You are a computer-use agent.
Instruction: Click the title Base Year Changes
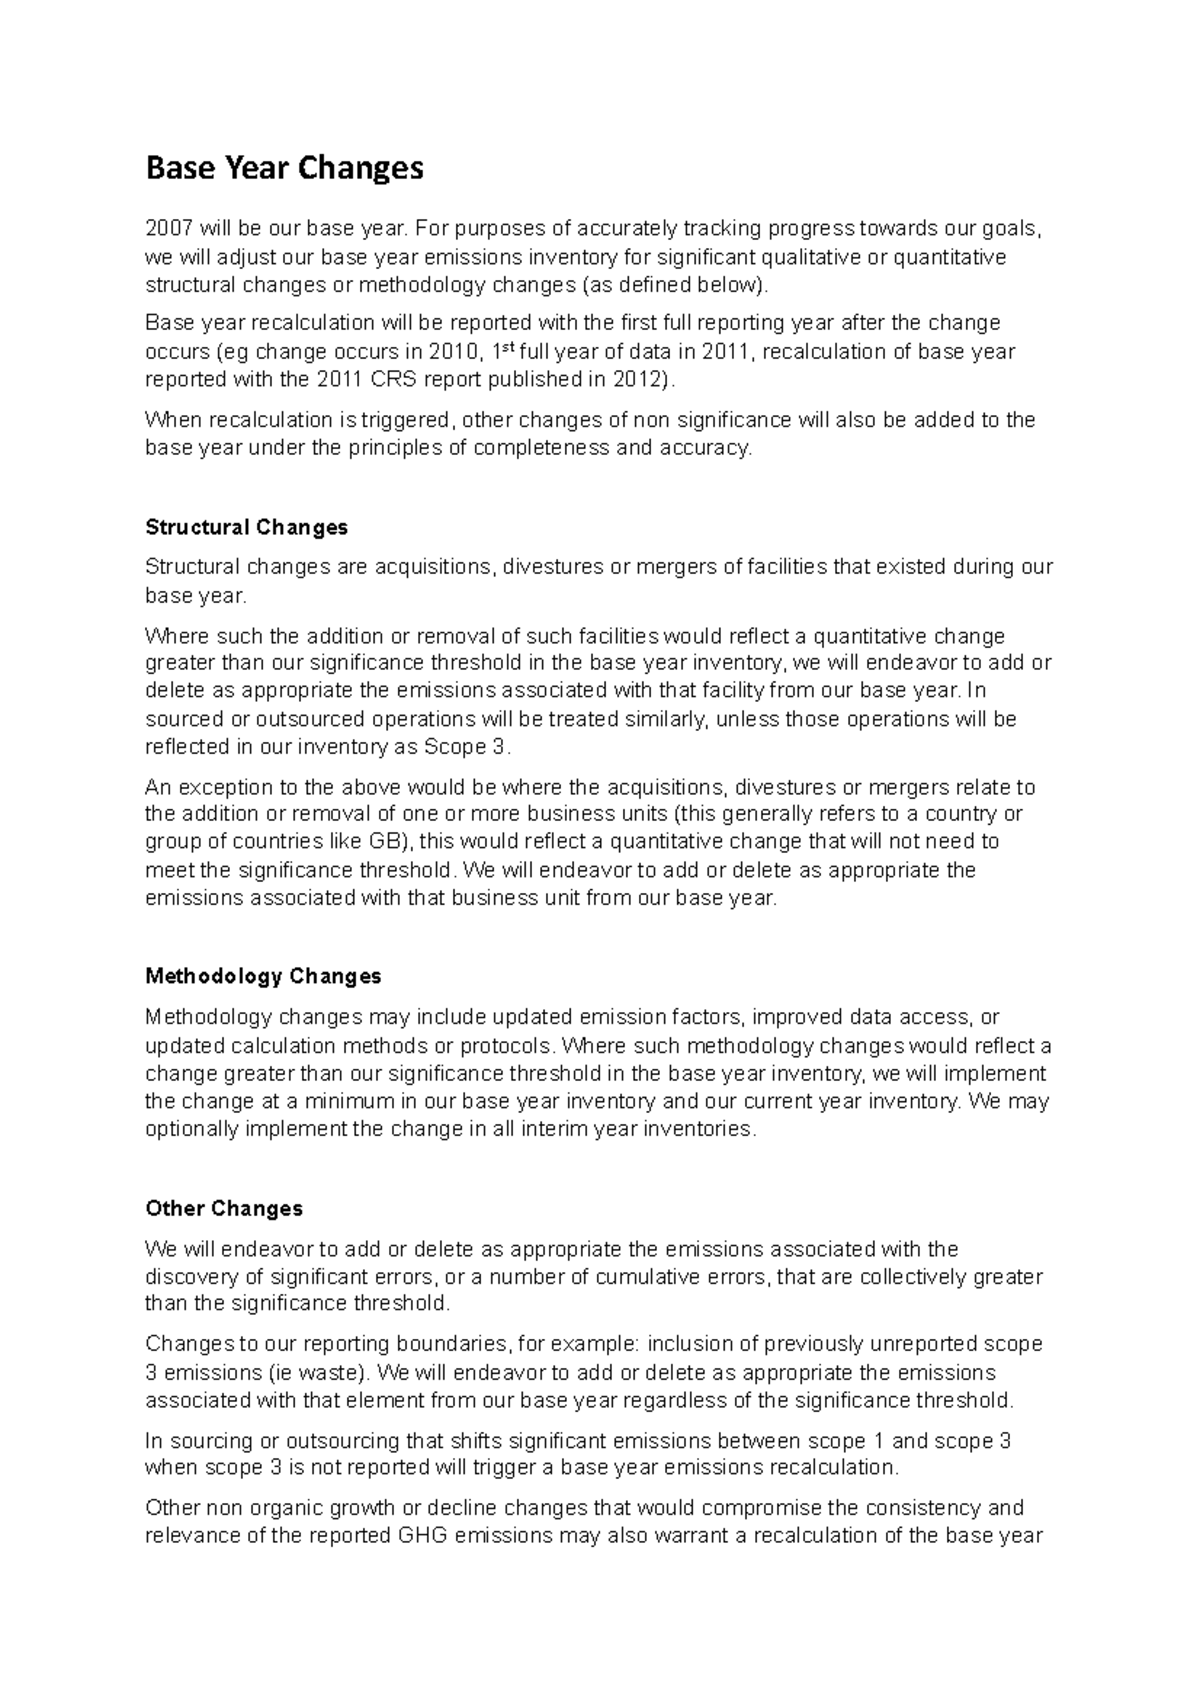click(x=285, y=168)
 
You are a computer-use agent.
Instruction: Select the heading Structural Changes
click(x=246, y=527)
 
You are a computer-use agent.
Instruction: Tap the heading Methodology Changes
click(x=263, y=975)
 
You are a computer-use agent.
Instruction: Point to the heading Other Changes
click(x=224, y=1208)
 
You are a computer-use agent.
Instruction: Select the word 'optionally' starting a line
click(x=192, y=1129)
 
